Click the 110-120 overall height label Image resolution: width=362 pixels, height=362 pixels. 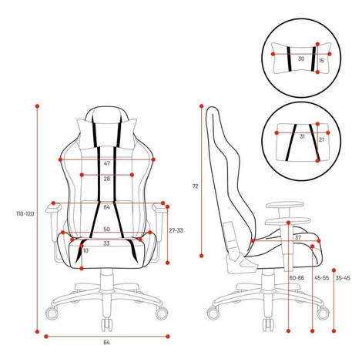[x=25, y=213]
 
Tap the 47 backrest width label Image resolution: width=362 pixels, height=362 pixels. [x=107, y=163]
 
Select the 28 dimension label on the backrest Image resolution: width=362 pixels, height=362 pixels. [x=107, y=179]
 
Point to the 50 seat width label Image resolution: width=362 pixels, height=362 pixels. [x=107, y=229]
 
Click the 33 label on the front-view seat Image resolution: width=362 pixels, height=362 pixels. [x=106, y=243]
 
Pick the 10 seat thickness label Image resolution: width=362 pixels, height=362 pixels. [x=85, y=250]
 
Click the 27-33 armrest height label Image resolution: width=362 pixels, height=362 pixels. [x=176, y=230]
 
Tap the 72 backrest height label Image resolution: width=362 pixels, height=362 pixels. [x=196, y=186]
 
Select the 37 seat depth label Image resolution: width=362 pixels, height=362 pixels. [x=298, y=238]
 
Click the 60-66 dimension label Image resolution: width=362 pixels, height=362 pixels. [x=297, y=278]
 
